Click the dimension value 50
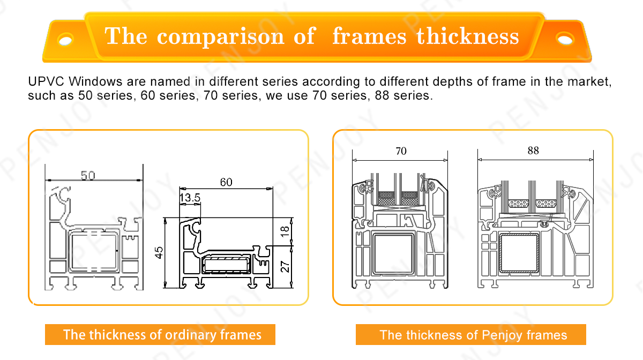tap(88, 175)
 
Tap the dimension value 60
tap(226, 182)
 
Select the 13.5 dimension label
tap(190, 198)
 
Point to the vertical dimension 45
tap(159, 253)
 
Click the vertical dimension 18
tap(285, 231)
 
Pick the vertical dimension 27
tap(285, 266)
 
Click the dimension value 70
tap(401, 151)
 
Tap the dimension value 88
tap(533, 151)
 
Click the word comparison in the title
tap(220, 37)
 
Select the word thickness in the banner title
tap(468, 36)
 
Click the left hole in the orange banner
tap(65, 40)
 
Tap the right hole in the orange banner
tap(565, 39)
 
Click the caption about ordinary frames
tap(162, 335)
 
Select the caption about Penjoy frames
tap(473, 335)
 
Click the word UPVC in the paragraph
tap(46, 81)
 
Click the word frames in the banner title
tap(369, 36)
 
